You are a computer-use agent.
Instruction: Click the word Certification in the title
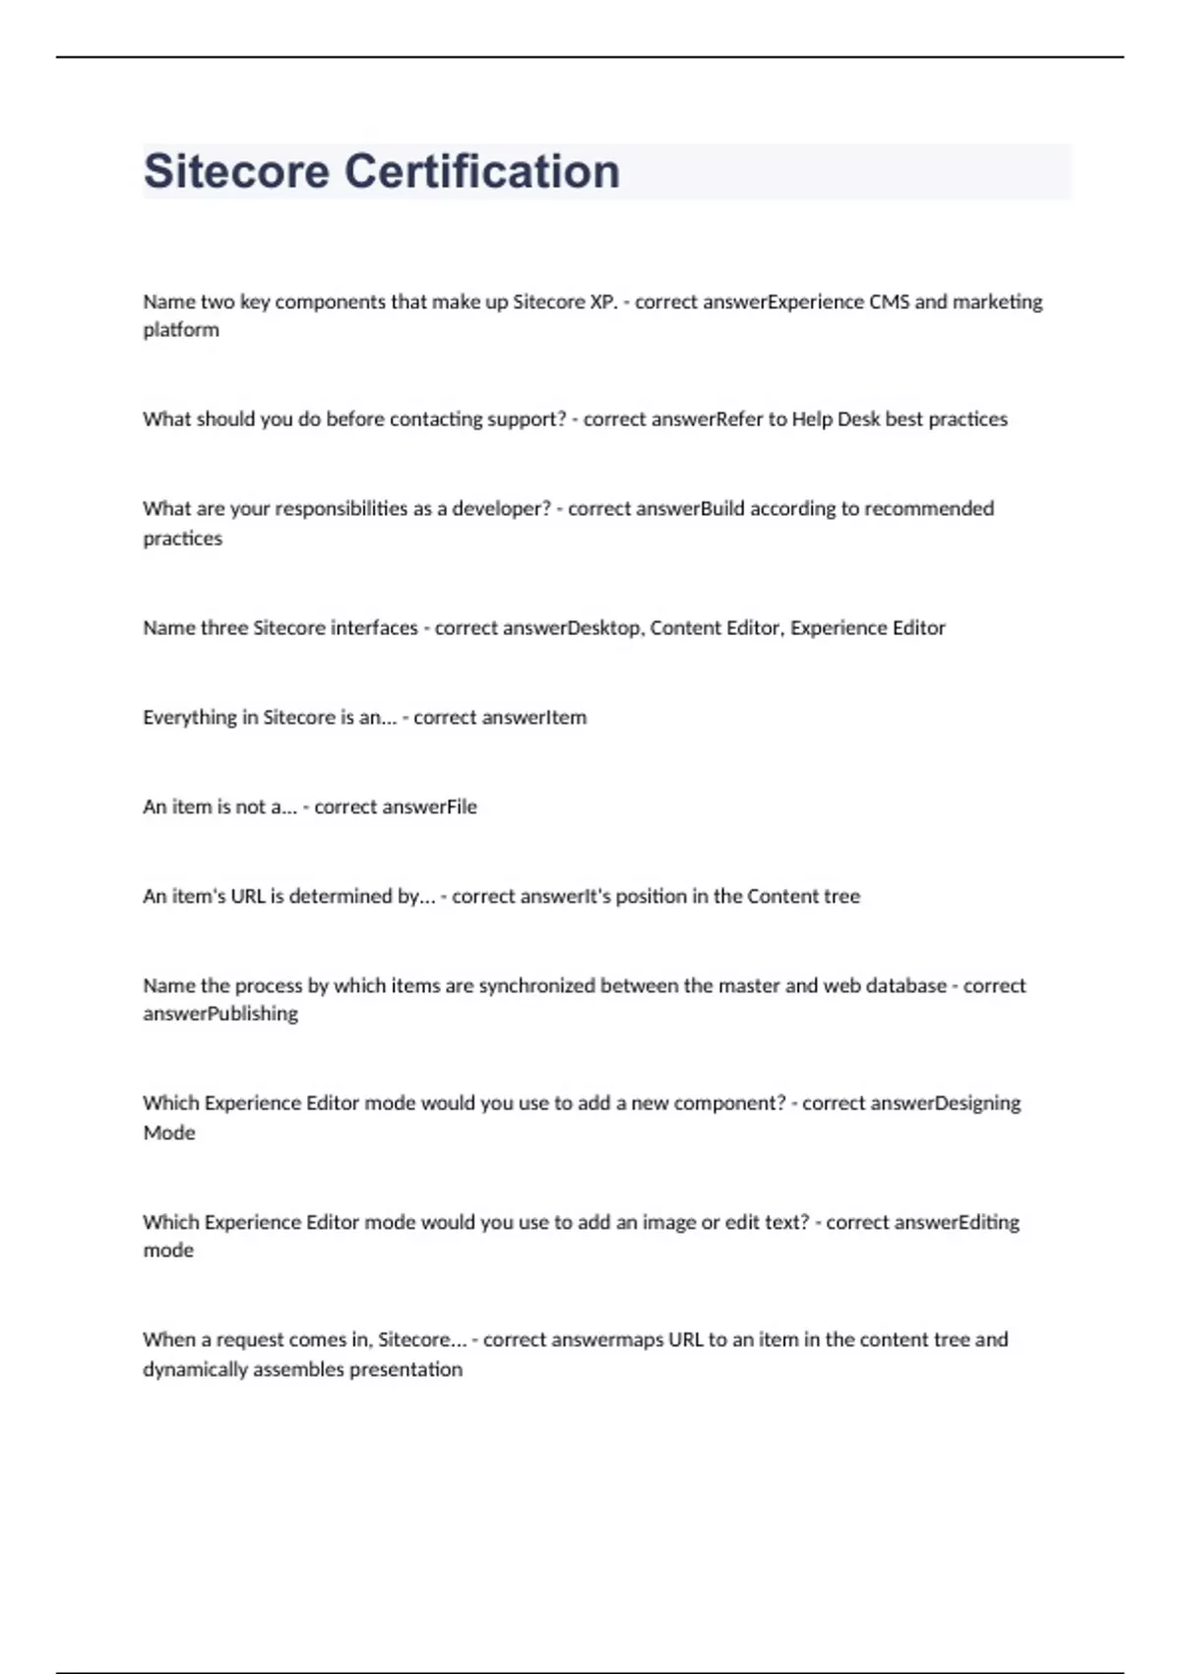tap(481, 171)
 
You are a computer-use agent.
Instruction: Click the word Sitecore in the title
tap(236, 171)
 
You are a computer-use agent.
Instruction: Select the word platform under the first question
tap(181, 330)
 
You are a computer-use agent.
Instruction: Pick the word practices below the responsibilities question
tap(183, 538)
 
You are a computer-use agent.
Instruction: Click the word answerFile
tap(429, 806)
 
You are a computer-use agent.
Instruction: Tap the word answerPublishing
tap(220, 1013)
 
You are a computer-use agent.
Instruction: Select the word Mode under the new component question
tap(169, 1132)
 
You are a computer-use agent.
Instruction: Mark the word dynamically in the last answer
tap(195, 1369)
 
